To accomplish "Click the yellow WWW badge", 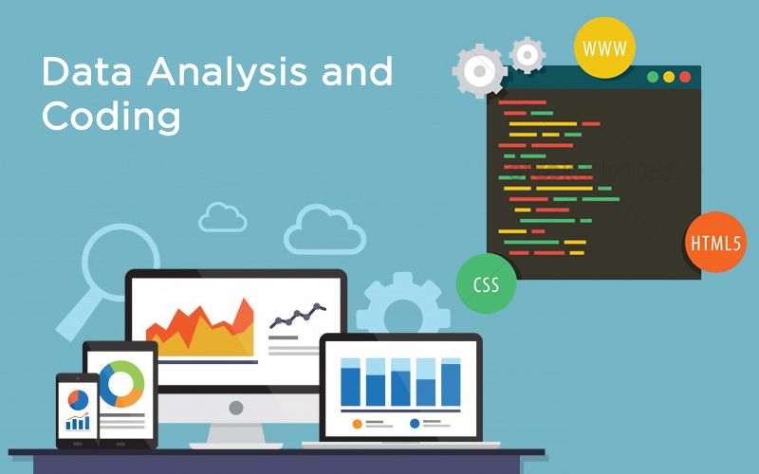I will [x=604, y=46].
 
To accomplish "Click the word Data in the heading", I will [x=82, y=73].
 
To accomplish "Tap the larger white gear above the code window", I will [x=479, y=72].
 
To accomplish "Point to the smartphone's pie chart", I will [x=78, y=400].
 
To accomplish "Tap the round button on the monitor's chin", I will [x=235, y=407].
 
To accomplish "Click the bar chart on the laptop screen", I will [x=399, y=382].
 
